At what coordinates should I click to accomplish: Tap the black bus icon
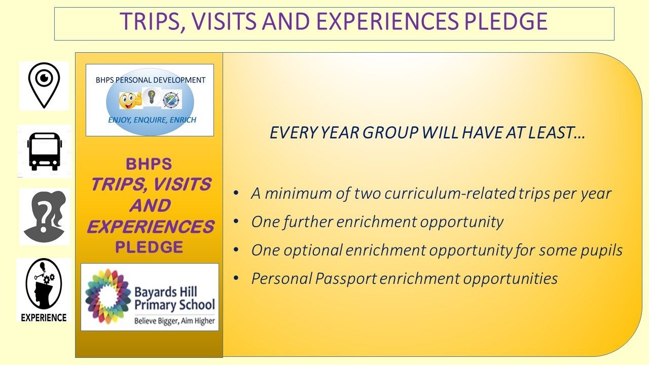(44, 151)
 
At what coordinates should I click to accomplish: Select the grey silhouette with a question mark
(45, 216)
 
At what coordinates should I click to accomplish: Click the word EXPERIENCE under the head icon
(44, 317)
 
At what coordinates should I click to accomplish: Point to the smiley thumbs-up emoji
(130, 100)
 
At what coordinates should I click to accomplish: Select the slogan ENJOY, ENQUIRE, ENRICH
(152, 120)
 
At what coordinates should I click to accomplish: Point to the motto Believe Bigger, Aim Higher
(174, 321)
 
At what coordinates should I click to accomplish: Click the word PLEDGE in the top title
(506, 21)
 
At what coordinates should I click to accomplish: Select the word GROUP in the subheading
(390, 133)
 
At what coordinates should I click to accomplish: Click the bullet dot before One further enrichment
(236, 222)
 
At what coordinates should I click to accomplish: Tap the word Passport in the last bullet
(346, 278)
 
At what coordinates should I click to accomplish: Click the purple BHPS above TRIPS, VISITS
(149, 164)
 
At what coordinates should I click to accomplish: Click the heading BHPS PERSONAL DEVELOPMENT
(151, 80)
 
